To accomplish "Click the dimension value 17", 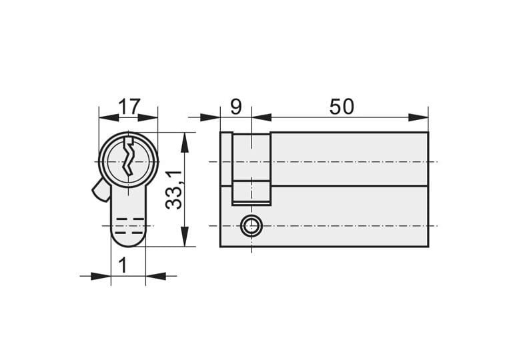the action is pos(129,107).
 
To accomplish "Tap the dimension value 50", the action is pos(341,107).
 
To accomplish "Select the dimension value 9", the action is pos(235,107).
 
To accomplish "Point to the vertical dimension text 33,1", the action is pos(174,190).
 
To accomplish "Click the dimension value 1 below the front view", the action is pos(123,265).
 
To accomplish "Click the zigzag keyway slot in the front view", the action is pos(128,156).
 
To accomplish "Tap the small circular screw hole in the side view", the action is pos(251,226).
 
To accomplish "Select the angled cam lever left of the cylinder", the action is pos(101,190).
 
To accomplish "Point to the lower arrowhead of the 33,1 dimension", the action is pos(185,237).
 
